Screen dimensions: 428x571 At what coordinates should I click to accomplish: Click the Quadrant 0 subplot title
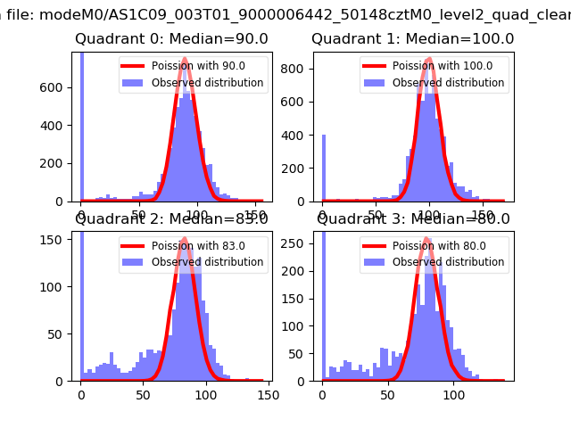171,39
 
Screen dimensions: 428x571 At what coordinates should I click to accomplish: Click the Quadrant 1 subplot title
412,39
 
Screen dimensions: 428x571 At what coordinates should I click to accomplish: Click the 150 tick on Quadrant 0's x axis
254,216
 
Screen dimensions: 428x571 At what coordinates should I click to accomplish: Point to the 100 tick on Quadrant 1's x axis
430,216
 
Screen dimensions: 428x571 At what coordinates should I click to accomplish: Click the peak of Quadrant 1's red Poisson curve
429,59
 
